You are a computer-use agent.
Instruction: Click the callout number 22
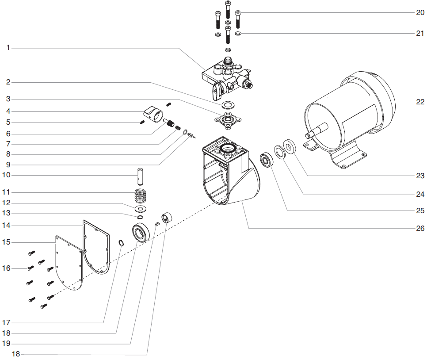point(419,102)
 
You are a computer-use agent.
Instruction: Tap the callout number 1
point(8,47)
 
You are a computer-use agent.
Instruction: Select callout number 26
point(419,228)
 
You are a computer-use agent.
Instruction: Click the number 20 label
point(419,12)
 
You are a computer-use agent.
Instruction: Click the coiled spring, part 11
point(141,195)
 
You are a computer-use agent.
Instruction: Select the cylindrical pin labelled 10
point(140,176)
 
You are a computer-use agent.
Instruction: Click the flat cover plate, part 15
point(66,263)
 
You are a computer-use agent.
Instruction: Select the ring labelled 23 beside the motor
point(290,146)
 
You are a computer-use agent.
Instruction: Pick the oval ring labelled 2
point(228,105)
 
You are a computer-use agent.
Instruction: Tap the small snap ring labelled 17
point(121,243)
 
